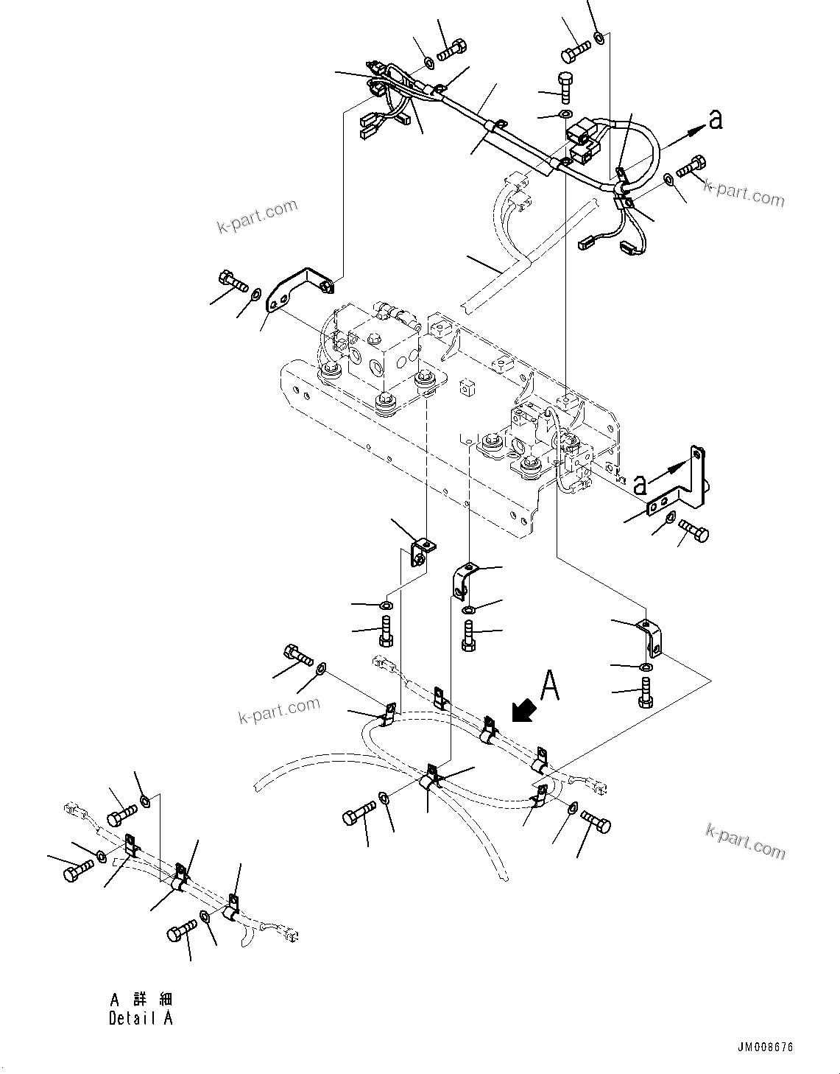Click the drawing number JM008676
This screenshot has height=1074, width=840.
click(x=764, y=1047)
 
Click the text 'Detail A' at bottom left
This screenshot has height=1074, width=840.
click(x=141, y=1019)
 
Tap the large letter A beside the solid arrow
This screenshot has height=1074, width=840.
click(x=550, y=685)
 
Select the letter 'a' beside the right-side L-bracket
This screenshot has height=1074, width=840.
click(x=640, y=484)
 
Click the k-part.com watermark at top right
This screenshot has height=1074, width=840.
click(x=744, y=194)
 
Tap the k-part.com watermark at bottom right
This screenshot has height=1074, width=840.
click(x=745, y=841)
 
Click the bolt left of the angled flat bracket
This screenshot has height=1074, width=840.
click(x=233, y=281)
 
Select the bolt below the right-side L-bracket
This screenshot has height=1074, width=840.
click(x=693, y=530)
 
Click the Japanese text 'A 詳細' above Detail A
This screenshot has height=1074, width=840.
click(x=141, y=1000)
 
